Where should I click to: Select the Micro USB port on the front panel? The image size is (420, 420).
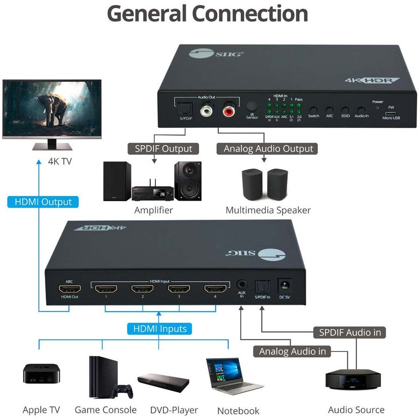(391, 112)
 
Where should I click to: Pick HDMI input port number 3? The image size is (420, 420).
(179, 288)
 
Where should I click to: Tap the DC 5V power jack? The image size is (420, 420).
(284, 285)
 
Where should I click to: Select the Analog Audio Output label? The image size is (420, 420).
(268, 149)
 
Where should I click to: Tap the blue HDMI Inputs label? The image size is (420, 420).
(160, 329)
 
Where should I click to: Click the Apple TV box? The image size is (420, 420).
(40, 373)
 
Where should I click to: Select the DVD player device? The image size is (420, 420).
(163, 382)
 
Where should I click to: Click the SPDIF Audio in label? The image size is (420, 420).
(350, 332)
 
